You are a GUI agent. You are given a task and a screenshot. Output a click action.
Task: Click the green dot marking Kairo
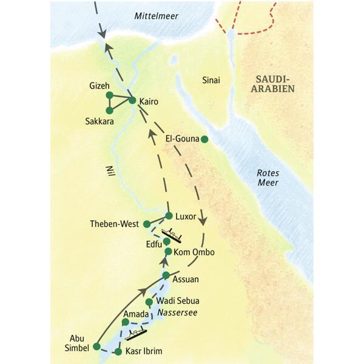click(x=132, y=100)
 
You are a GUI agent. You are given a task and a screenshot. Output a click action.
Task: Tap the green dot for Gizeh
click(x=109, y=95)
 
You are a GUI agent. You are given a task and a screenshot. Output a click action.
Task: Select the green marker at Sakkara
click(x=109, y=110)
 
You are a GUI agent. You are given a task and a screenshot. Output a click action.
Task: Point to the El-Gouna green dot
click(x=204, y=139)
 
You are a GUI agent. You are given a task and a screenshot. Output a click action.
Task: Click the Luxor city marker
click(x=169, y=215)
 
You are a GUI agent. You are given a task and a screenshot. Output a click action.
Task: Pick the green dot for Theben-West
click(x=146, y=224)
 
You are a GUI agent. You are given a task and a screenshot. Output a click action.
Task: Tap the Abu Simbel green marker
click(x=96, y=346)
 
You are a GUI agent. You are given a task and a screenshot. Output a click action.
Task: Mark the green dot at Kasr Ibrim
click(x=118, y=352)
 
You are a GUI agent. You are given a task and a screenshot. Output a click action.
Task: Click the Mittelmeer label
click(x=157, y=16)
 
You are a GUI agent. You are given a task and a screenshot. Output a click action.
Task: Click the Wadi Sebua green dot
click(x=149, y=302)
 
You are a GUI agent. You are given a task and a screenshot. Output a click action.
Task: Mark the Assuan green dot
click(x=166, y=276)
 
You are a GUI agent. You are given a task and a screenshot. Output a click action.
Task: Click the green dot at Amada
click(x=125, y=322)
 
